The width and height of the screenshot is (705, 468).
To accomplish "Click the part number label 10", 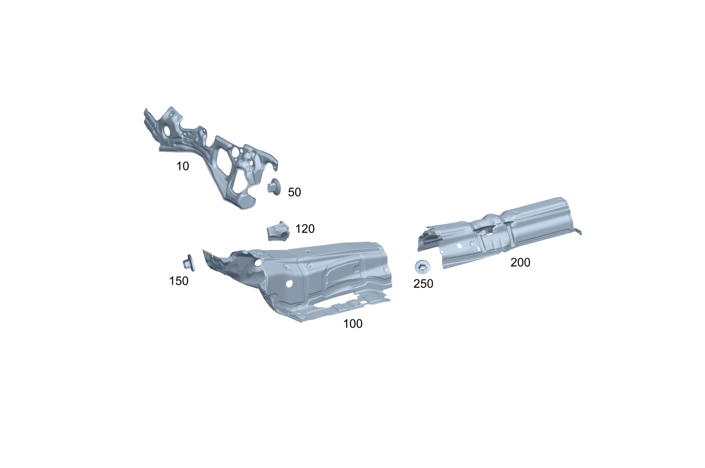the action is coord(182,166).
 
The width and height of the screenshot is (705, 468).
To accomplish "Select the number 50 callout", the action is coord(294,192).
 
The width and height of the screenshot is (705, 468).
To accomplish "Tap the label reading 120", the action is coord(305,228).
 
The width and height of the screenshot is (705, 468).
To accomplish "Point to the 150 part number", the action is coord(179,281).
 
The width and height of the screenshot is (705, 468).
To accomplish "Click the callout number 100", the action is coord(352,324).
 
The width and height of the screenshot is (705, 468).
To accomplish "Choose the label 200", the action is coord(521,262).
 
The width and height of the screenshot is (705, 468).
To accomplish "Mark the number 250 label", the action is coord(423,284).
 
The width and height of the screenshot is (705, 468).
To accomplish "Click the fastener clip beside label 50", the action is coord(274,187).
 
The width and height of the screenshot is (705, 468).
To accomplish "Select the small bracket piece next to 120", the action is coord(278,231).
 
